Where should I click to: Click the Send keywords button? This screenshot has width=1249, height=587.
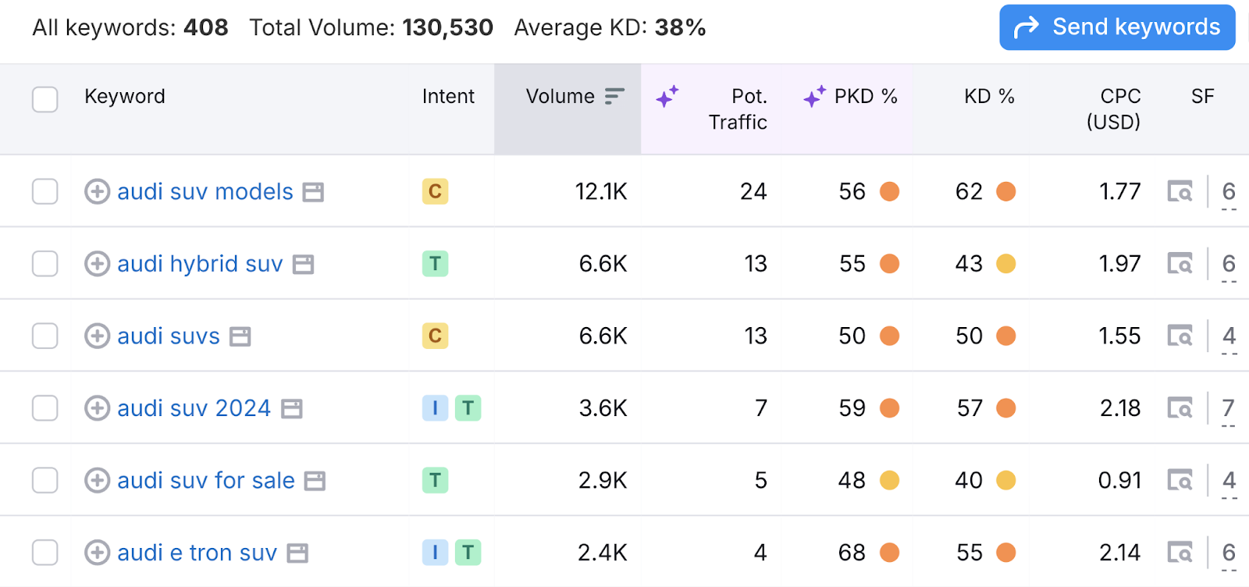pos(1117,27)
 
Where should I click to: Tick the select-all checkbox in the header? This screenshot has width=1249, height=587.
pos(45,99)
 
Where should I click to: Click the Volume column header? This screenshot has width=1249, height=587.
pos(560,97)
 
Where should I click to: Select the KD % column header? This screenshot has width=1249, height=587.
pos(988,97)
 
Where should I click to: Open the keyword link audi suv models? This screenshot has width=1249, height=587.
pos(205,192)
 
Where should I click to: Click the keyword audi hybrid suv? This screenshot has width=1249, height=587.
pos(200,264)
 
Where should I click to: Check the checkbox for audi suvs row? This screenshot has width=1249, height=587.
pos(45,336)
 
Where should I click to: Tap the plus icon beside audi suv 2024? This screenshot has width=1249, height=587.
pos(97,408)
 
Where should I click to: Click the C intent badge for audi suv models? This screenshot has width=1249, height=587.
pos(435,191)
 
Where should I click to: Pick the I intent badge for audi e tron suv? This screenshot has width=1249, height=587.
pos(435,553)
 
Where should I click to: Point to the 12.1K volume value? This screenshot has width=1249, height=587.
pos(600,192)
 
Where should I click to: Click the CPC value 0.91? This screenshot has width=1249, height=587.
pos(1119,480)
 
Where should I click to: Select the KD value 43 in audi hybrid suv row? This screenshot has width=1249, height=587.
pos(969,264)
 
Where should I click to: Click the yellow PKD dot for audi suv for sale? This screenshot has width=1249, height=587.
pos(889,480)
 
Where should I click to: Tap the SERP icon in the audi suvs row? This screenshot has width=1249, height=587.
pos(1180,336)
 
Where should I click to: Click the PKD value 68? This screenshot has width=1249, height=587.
pos(852,553)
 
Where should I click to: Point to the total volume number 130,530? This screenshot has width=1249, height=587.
pos(447,28)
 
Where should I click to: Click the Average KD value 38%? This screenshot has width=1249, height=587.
pos(680,28)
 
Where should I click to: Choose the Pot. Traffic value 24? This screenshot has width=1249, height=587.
pos(753,192)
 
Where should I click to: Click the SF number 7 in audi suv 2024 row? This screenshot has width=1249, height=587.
pos(1228,407)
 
